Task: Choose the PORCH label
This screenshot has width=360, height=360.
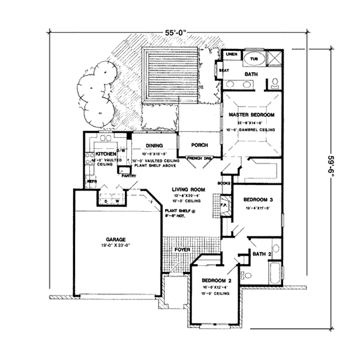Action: (199, 145)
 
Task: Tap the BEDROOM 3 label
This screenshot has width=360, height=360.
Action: (263, 200)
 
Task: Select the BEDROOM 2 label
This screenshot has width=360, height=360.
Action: (216, 280)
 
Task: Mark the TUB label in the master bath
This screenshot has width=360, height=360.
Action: (253, 59)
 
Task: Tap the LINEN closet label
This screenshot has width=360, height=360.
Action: (232, 55)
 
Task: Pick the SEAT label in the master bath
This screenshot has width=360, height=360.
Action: (224, 70)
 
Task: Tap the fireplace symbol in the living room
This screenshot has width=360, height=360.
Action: (224, 204)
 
